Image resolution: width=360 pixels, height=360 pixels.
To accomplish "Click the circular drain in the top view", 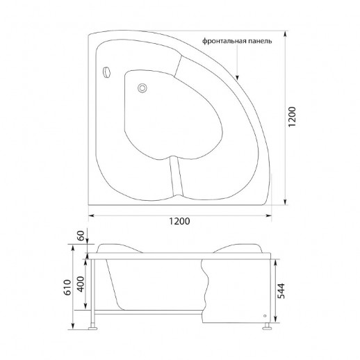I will (142, 88).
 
